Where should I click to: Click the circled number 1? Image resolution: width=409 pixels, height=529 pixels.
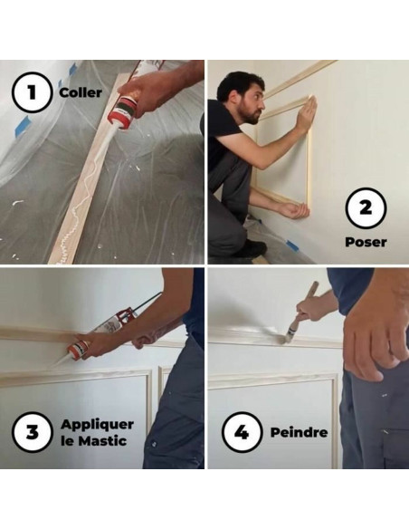click(x=32, y=92)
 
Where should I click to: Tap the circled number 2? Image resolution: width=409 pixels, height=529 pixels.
click(x=366, y=207)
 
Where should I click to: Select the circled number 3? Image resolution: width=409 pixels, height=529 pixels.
click(x=33, y=432)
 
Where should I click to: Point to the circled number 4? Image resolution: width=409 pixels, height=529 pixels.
click(x=242, y=432)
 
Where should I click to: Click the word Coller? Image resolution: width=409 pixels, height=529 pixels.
click(x=81, y=92)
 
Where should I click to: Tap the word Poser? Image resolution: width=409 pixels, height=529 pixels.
click(x=366, y=242)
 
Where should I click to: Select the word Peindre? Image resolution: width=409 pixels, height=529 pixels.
click(x=299, y=432)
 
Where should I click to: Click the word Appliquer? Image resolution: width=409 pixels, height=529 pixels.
click(x=97, y=425)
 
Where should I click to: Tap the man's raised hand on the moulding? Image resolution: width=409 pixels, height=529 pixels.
click(x=308, y=111)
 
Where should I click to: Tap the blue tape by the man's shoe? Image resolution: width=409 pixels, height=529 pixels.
click(x=292, y=245)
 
